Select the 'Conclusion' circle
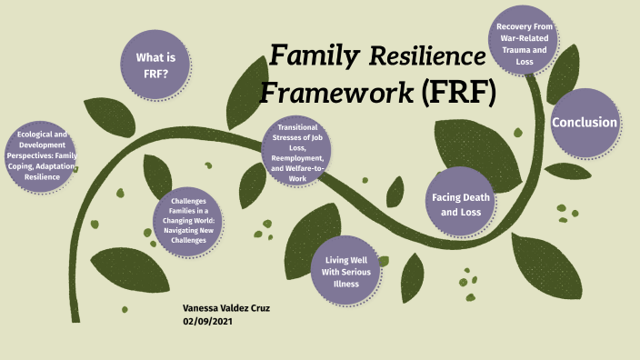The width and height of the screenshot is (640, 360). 585,123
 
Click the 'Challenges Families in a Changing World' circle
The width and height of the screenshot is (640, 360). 191,222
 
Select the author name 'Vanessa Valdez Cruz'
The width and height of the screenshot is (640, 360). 226,308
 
